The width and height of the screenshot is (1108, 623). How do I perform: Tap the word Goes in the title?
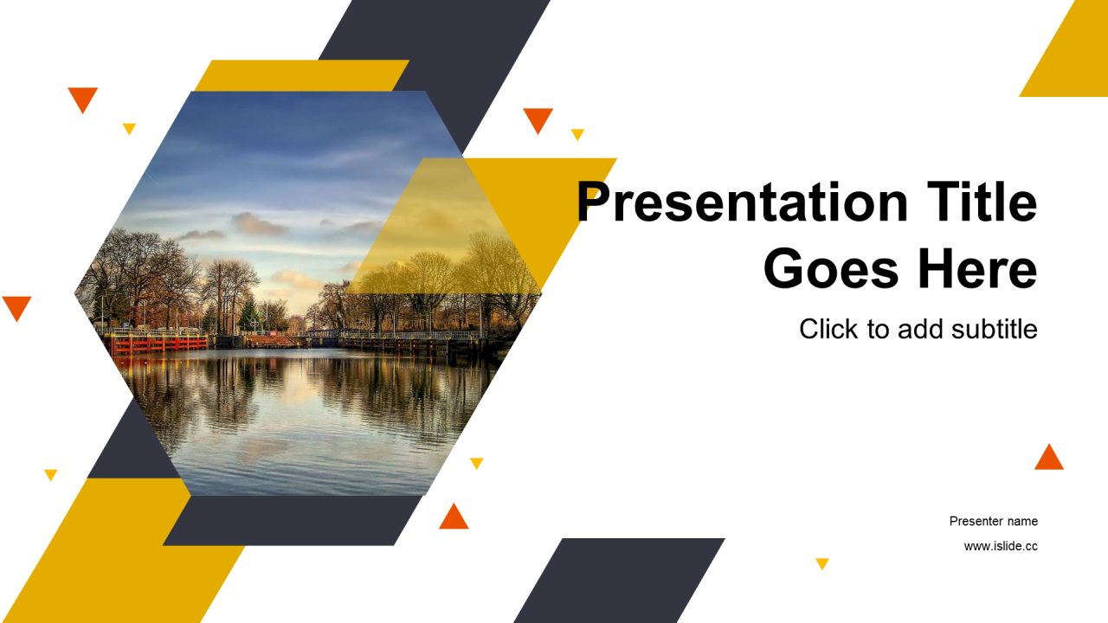831,268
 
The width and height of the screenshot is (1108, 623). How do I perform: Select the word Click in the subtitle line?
828,330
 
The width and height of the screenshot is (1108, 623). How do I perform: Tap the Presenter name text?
993,521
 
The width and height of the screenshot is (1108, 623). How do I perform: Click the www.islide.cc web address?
1001,546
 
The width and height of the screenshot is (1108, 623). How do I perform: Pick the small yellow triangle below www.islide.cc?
822,563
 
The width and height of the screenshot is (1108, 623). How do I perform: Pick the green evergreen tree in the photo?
248,313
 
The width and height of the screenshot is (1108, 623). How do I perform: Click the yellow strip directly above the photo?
302,75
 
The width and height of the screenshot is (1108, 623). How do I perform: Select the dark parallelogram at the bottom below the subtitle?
619,581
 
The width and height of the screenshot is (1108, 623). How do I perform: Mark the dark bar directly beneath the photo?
292,520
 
